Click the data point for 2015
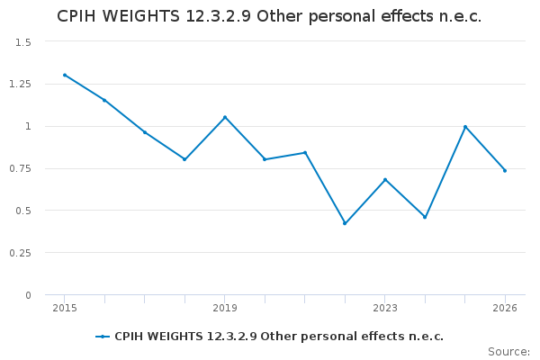tap(65, 75)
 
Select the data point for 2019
tap(225, 117)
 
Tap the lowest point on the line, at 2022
tap(345, 223)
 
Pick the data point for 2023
tap(385, 180)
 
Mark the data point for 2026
tap(505, 170)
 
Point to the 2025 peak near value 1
tap(465, 126)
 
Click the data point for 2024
tap(425, 217)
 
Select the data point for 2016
tap(104, 100)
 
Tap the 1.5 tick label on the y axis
tap(23, 42)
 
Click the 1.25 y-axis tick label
tap(21, 85)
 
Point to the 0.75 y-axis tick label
tap(21, 168)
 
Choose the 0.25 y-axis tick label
tap(21, 253)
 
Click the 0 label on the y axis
tap(28, 295)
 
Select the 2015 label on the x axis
tap(65, 309)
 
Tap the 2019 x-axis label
tap(225, 309)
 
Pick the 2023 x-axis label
tap(385, 309)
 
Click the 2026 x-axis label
tap(505, 309)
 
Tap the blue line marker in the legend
tap(103, 337)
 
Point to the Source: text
tap(508, 351)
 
